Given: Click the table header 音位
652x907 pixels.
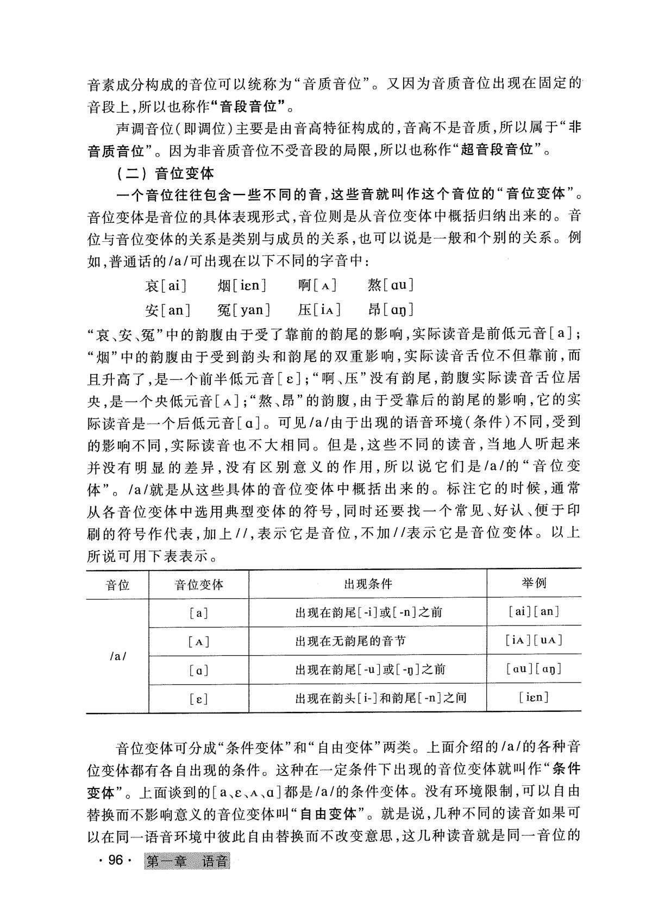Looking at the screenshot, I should tap(117, 584).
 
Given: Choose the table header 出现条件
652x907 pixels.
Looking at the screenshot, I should tap(367, 584).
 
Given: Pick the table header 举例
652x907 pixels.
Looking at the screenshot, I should tap(534, 584).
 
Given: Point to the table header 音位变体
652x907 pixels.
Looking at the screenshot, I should tap(199, 584).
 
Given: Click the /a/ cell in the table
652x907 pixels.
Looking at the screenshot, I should tap(117, 656).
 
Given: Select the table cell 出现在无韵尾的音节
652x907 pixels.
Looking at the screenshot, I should tap(350, 641).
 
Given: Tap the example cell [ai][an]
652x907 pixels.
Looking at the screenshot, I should tap(534, 611).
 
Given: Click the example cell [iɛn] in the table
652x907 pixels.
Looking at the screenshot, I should tap(534, 697).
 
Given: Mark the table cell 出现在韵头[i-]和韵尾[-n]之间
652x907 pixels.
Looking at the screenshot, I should tap(380, 698).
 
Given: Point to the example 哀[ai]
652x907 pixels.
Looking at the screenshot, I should tap(166, 285).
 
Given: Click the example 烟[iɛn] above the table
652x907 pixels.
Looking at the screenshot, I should tap(241, 285).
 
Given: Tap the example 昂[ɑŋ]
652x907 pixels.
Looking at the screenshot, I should tap(391, 310).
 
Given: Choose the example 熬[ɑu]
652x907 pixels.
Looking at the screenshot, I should tap(391, 285).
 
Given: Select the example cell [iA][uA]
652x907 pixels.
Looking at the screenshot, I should tap(534, 640).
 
